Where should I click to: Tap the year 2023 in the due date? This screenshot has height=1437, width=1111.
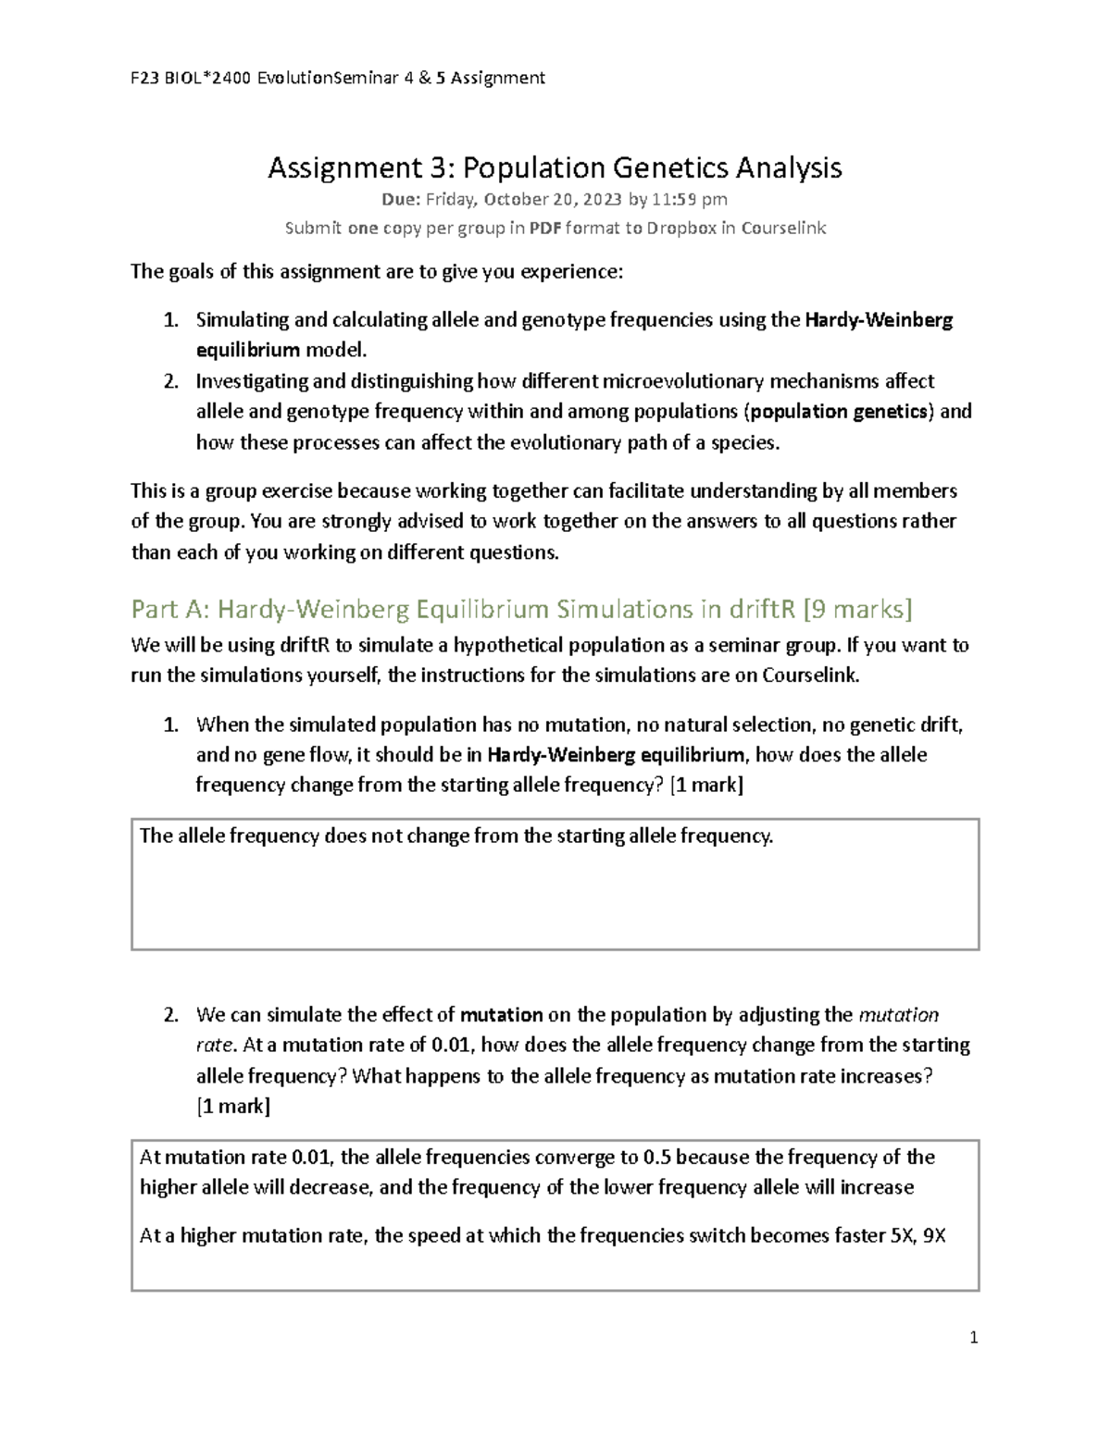pos(605,199)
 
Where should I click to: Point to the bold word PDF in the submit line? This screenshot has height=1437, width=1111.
pos(544,228)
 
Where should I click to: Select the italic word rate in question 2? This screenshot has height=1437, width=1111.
pos(215,1046)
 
